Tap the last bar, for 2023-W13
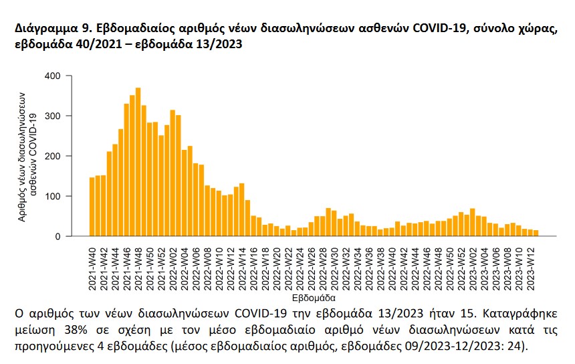pos(536,233)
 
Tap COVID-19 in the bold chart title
pos(445,31)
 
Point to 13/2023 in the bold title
pos(222,46)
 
